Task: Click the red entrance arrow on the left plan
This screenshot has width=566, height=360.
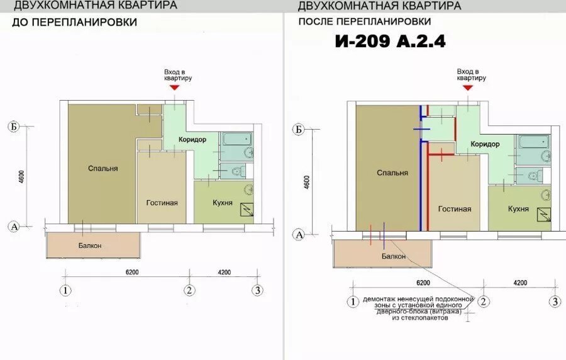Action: point(175,87)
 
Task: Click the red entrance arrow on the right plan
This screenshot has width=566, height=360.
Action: point(468,87)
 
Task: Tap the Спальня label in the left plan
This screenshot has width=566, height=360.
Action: point(103,168)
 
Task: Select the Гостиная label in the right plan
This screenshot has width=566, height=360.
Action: point(455,209)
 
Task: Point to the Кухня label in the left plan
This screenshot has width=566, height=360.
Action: point(223,203)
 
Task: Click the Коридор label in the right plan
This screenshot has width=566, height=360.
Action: point(485,144)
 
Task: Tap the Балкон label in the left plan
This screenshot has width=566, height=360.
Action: point(90,245)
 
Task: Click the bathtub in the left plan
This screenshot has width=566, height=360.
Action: point(237,139)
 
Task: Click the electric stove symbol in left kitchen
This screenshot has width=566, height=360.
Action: point(247,210)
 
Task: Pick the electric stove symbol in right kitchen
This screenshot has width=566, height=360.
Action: point(544,215)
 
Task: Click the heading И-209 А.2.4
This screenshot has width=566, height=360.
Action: point(390,41)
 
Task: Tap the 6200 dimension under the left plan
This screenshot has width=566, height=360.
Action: point(132,273)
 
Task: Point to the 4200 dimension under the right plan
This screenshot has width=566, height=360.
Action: point(520,283)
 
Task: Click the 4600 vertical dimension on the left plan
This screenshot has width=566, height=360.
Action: point(21,177)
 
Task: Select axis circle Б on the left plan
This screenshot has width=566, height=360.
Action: point(14,127)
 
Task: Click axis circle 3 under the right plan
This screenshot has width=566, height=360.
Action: point(555,301)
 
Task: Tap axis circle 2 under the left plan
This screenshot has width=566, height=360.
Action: point(189,290)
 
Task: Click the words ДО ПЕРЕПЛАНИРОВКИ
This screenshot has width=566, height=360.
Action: point(74,22)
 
